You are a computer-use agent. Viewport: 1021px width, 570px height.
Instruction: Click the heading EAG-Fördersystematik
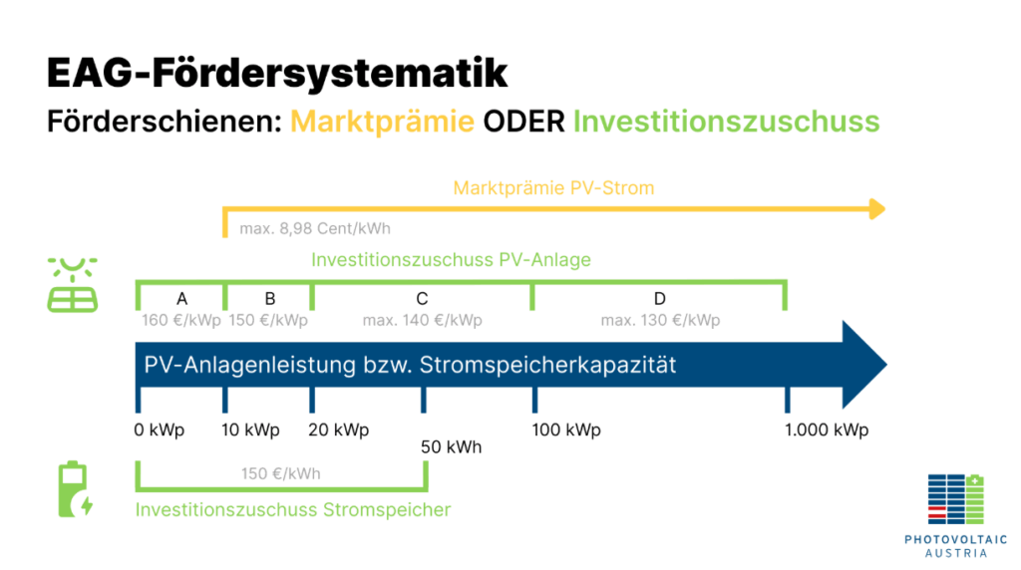pyautogui.click(x=277, y=72)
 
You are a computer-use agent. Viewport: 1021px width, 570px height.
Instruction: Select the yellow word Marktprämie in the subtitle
pyautogui.click(x=382, y=122)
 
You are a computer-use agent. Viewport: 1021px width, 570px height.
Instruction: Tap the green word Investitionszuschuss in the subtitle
pyautogui.click(x=726, y=122)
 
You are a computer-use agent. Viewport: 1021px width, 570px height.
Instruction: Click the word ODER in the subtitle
pyautogui.click(x=523, y=122)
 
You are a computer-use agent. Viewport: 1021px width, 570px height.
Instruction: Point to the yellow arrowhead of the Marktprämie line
pyautogui.click(x=877, y=209)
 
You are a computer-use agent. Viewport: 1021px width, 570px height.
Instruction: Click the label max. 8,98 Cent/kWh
pyautogui.click(x=315, y=228)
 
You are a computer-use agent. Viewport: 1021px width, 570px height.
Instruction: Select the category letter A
pyautogui.click(x=181, y=299)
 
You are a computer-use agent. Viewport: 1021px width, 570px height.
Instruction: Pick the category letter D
pyautogui.click(x=660, y=299)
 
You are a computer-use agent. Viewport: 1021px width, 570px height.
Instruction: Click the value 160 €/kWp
pyautogui.click(x=181, y=320)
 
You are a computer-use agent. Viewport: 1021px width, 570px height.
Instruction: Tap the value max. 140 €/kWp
pyautogui.click(x=422, y=320)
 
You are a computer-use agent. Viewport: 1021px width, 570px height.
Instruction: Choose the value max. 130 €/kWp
pyautogui.click(x=660, y=320)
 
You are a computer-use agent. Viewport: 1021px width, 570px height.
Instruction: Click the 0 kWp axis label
pyautogui.click(x=160, y=430)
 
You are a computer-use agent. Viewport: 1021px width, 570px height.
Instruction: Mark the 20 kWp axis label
pyautogui.click(x=339, y=430)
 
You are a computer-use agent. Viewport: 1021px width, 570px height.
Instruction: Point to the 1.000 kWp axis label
pyautogui.click(x=827, y=430)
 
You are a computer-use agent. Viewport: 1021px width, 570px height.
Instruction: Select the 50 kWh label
pyautogui.click(x=452, y=447)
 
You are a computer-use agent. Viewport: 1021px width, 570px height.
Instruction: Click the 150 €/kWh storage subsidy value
pyautogui.click(x=280, y=473)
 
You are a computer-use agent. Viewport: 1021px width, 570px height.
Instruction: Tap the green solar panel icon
pyautogui.click(x=72, y=285)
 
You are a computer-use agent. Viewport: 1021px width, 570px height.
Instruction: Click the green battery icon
pyautogui.click(x=75, y=489)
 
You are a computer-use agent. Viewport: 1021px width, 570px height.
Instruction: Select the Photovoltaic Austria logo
pyautogui.click(x=956, y=515)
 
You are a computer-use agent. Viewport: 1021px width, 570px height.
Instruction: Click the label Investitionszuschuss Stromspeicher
pyautogui.click(x=293, y=509)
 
